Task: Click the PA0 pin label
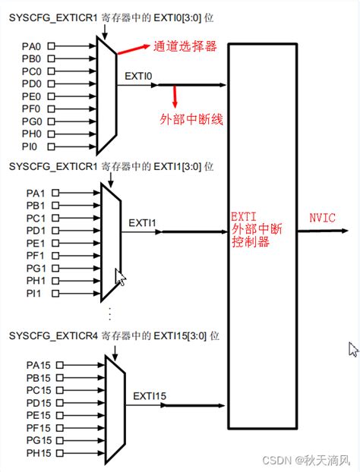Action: [32, 46]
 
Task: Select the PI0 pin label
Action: [31, 146]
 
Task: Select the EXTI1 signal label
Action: [142, 222]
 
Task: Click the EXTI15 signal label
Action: [150, 395]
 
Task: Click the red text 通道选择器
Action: [186, 46]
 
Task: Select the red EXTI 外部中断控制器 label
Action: [254, 231]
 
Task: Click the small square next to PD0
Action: [51, 83]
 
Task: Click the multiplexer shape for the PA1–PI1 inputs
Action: [111, 243]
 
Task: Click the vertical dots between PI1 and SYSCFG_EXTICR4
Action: [111, 313]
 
